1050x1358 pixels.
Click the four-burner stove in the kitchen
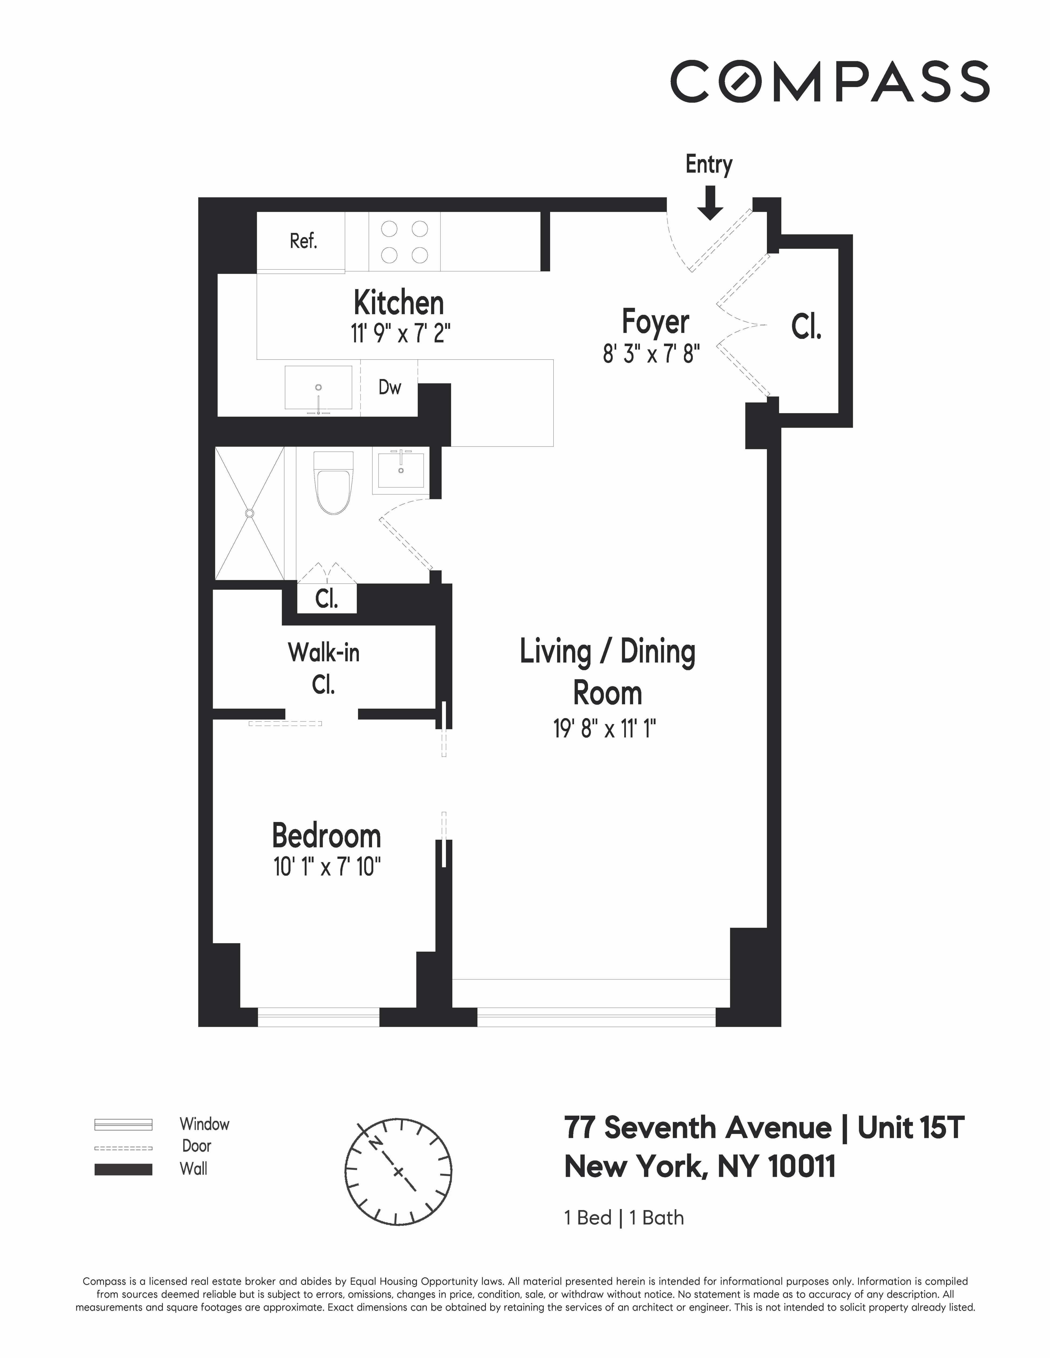(x=404, y=242)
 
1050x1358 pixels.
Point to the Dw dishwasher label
(x=389, y=387)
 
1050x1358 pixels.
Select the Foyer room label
(x=655, y=322)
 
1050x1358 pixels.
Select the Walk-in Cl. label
(x=323, y=668)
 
